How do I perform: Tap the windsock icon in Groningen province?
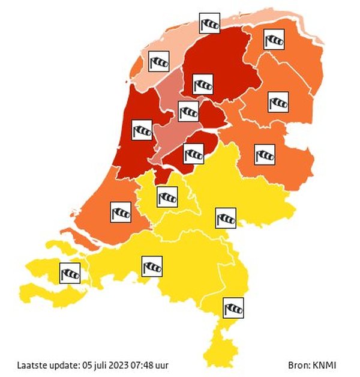(x=274, y=40)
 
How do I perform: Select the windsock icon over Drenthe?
(x=277, y=101)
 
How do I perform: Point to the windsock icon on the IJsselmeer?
(x=188, y=110)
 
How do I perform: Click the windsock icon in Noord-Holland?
(x=142, y=128)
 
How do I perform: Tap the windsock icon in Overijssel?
(x=265, y=154)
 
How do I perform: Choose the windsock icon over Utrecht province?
(x=167, y=196)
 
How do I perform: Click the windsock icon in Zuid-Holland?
(x=121, y=211)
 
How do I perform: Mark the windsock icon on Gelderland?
(x=225, y=217)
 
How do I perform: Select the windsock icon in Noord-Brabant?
(x=152, y=266)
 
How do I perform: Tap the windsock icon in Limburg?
(x=233, y=307)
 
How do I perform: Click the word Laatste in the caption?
(x=30, y=365)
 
